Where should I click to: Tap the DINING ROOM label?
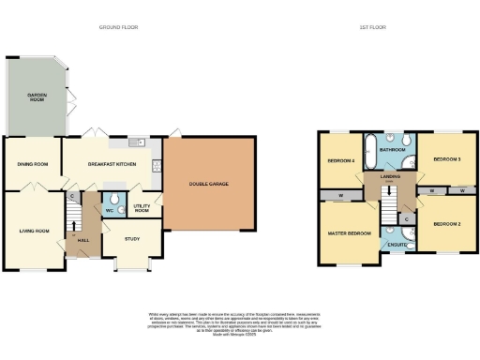(32, 165)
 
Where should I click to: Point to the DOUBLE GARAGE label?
(208, 184)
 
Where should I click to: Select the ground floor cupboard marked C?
(72, 196)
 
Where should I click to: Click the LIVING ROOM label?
(34, 230)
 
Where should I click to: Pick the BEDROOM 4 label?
(339, 160)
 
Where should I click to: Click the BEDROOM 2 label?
(446, 224)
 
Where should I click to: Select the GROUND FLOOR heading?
(118, 28)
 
